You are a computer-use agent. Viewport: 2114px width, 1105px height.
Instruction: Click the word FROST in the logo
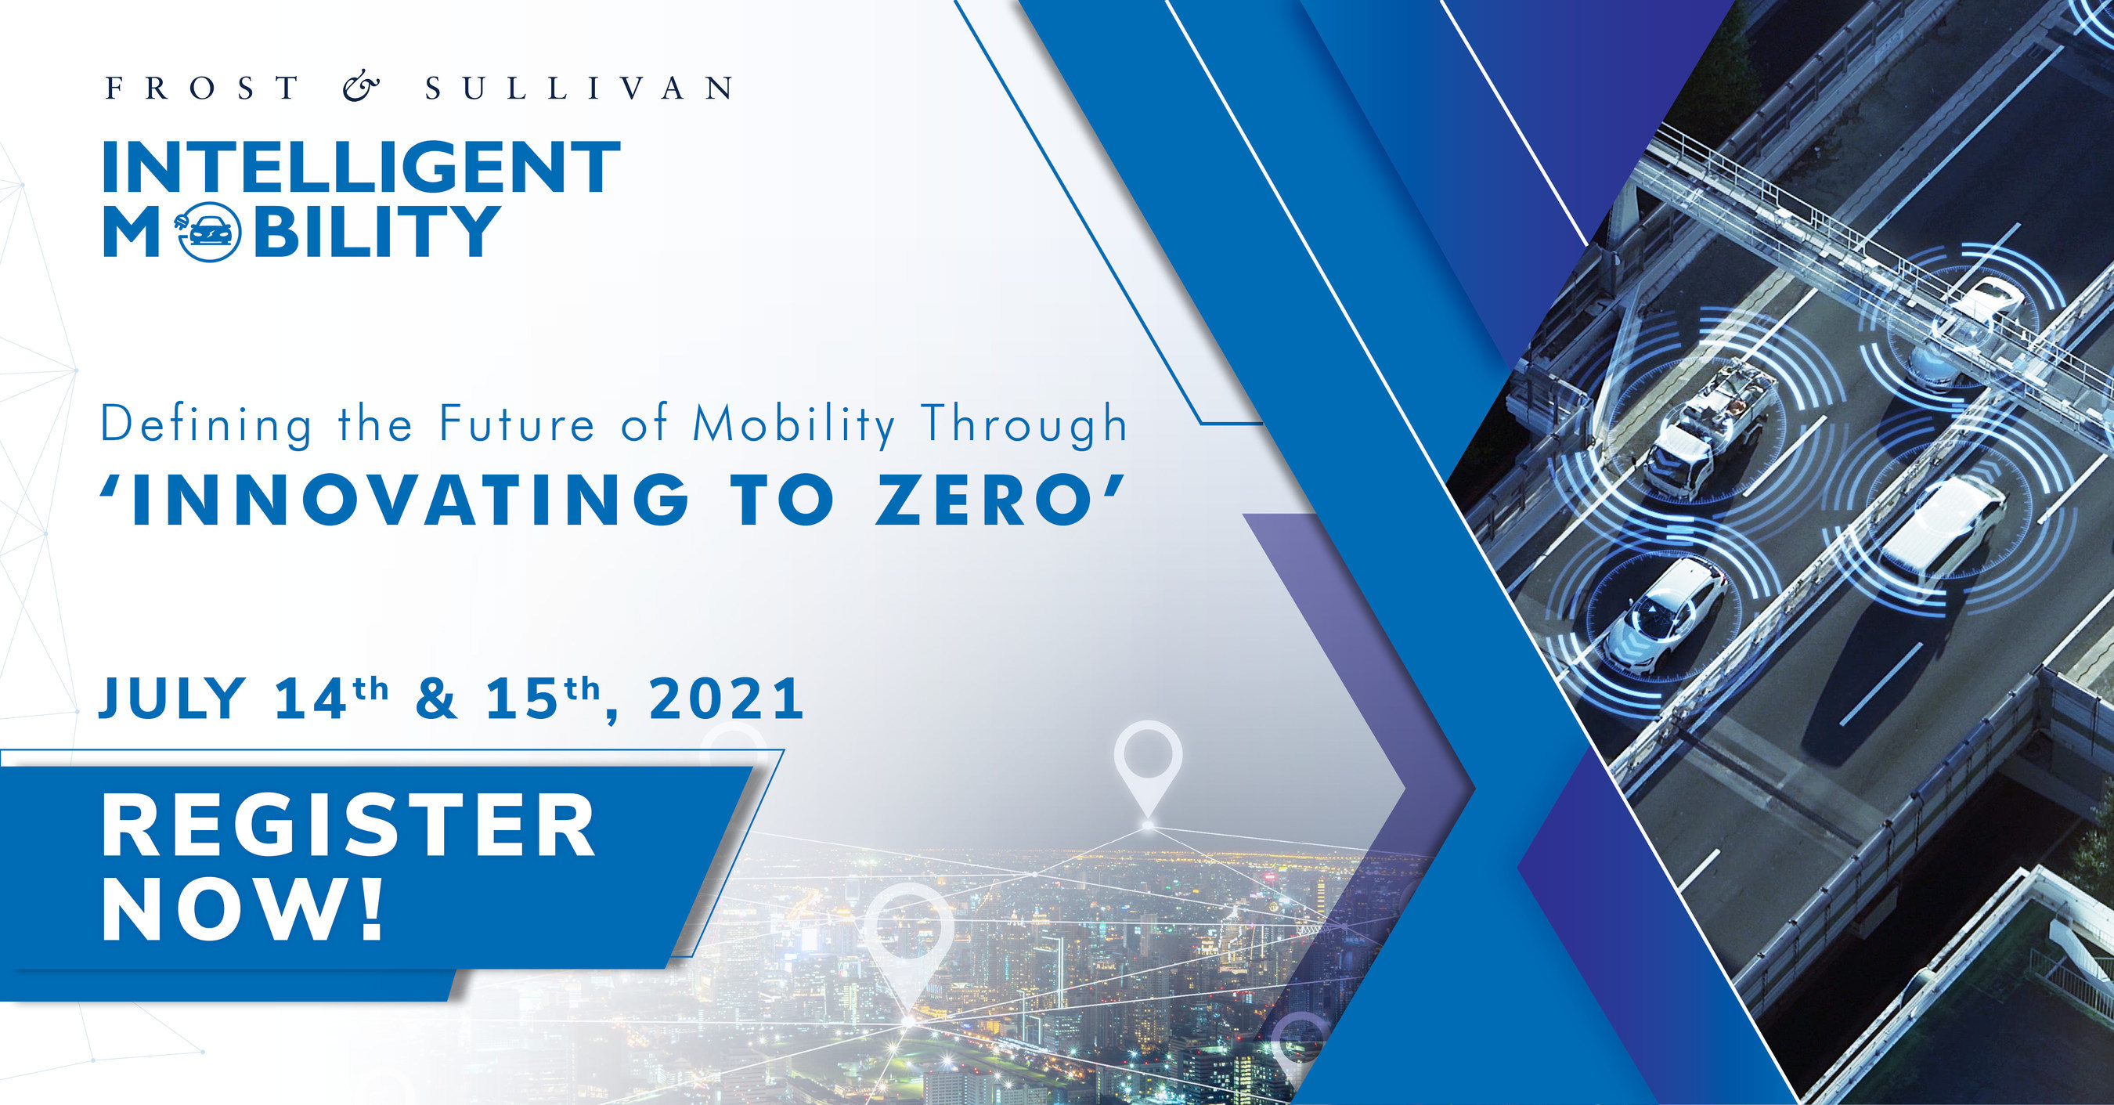pos(203,88)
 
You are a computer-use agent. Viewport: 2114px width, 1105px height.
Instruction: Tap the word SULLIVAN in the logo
pos(579,88)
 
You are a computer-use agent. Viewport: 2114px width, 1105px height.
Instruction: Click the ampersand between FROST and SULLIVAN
pos(361,87)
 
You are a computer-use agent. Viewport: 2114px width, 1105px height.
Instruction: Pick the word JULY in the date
pos(172,699)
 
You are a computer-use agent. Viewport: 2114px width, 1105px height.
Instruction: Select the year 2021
pos(727,699)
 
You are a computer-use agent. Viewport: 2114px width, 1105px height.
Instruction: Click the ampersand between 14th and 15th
pos(437,699)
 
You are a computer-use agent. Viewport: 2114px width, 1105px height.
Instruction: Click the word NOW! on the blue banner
pos(243,910)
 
